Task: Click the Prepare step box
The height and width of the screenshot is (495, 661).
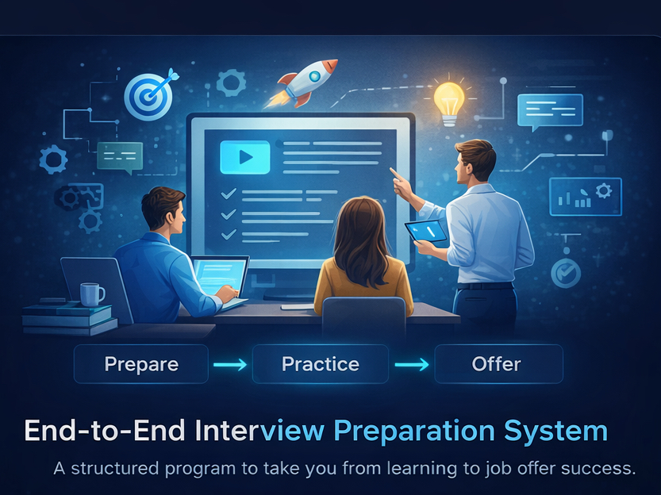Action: [141, 364]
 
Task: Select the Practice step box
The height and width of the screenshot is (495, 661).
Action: [321, 364]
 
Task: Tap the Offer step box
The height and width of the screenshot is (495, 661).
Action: [496, 364]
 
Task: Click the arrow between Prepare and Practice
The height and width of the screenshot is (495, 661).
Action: [230, 365]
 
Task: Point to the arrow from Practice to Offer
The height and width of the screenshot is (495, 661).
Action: [412, 365]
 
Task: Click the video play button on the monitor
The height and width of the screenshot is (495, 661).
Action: [245, 157]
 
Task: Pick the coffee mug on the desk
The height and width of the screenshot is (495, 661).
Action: [90, 294]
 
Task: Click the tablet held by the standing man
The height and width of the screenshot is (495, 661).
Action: [426, 232]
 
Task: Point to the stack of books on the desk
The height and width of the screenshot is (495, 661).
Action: [68, 317]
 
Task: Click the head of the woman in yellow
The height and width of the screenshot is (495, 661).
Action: [363, 225]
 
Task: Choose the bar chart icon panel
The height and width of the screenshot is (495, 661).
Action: [585, 197]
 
